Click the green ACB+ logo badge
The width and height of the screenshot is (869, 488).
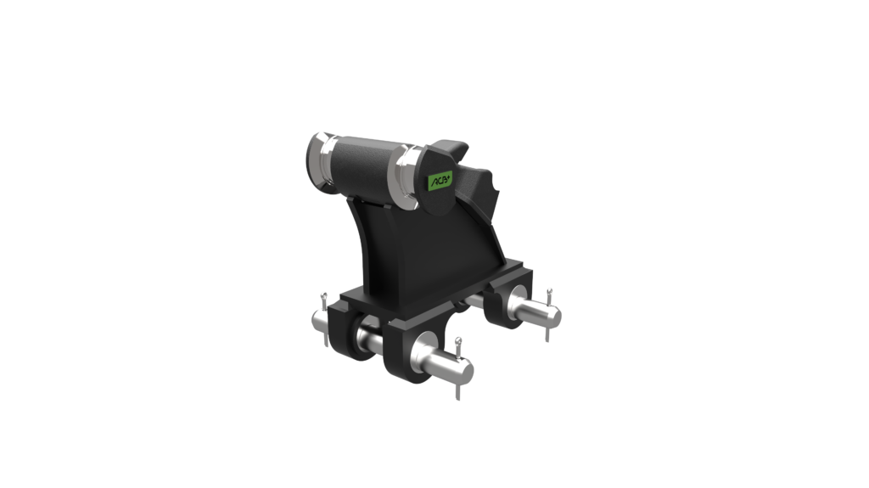pyautogui.click(x=440, y=180)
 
